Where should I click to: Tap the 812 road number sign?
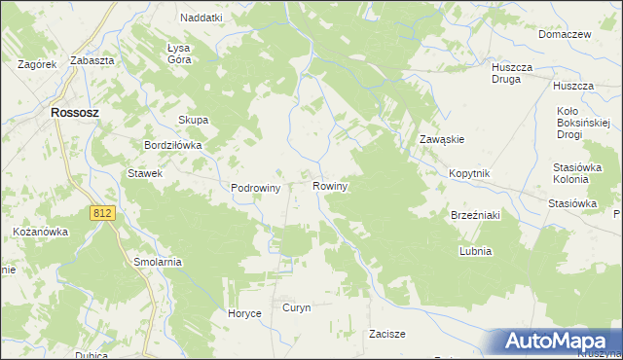coord(102,212)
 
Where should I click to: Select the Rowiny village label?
coord(331,185)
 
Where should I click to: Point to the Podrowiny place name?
coord(256,189)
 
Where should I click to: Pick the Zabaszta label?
coord(93,60)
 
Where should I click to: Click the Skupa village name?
coord(193,121)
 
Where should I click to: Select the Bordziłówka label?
coord(172,145)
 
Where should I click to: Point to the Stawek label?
coord(144,173)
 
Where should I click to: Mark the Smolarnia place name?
coord(158,263)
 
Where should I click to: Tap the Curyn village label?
coord(296,307)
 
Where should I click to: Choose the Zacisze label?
coord(386,333)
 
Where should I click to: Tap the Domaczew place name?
coord(565,34)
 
